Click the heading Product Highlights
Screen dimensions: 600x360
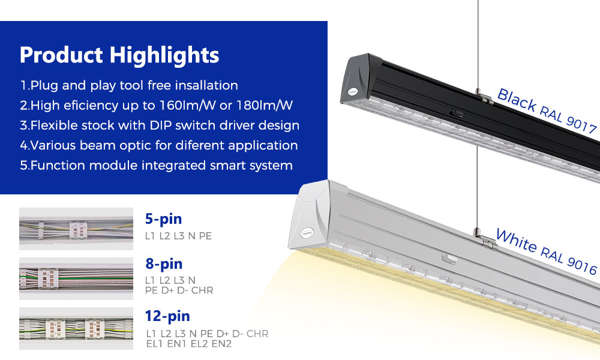119,55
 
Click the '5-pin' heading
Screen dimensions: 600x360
163,219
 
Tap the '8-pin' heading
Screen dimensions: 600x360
164,264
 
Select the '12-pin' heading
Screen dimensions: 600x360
167,316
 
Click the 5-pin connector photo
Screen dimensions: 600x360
76,229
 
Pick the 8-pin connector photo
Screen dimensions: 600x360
76,278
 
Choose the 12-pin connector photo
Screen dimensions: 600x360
76,328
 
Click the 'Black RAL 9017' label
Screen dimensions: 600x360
547,110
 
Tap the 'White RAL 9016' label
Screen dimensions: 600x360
547,251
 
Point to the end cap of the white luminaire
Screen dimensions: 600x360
309,216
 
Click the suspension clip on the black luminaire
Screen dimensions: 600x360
483,95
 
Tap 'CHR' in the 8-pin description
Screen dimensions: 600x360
202,290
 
